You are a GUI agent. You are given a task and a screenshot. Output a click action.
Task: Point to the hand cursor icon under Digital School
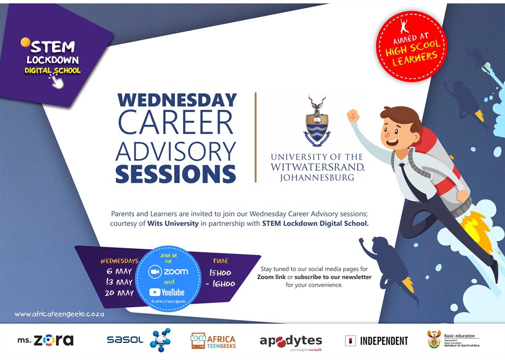point(57,81)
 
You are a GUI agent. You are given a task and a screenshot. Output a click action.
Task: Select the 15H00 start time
point(219,273)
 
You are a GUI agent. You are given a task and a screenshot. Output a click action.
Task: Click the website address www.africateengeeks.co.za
point(59,314)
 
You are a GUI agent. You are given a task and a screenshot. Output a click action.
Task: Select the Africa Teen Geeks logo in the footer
point(213,340)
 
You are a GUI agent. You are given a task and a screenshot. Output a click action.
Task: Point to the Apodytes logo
point(290,341)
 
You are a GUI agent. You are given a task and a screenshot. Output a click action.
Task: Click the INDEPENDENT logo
point(377,341)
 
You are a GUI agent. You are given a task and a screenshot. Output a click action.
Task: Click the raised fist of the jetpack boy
point(353,116)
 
